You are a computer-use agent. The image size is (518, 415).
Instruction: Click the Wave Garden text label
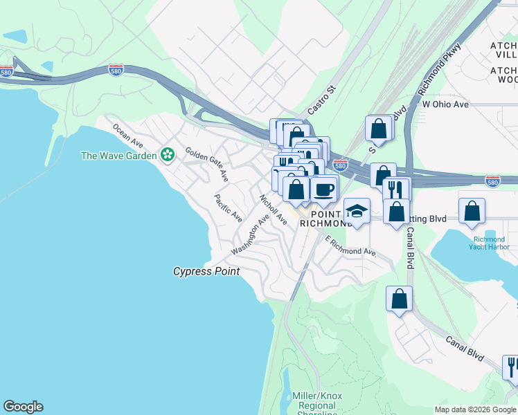pos(119,155)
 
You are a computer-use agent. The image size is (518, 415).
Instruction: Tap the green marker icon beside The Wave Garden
pos(167,154)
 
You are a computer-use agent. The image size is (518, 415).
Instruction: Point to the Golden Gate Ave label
pos(206,165)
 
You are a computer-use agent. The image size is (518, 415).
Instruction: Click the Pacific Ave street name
pos(228,207)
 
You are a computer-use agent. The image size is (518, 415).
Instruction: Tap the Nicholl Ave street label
pos(273,209)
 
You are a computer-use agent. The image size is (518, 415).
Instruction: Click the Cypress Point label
pos(206,272)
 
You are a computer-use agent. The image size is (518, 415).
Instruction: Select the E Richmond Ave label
pos(352,246)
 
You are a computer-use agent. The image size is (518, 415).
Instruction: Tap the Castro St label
pos(321,100)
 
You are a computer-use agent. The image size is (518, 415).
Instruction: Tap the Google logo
pos(23,407)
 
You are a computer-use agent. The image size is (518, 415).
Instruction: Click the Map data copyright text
pos(475,409)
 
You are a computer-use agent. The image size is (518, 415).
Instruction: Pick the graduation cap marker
pos(357,211)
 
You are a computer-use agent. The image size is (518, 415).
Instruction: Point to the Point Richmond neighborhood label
pos(327,218)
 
